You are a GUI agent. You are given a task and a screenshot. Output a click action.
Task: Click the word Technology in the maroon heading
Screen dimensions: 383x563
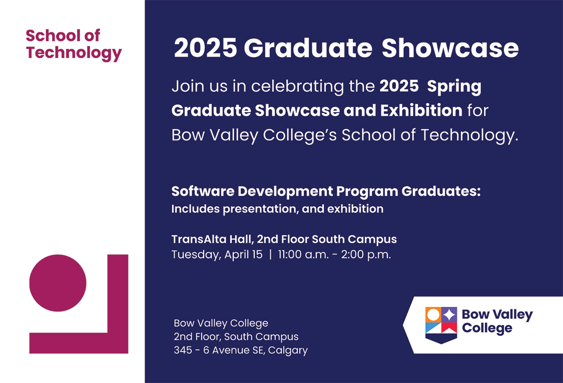[x=74, y=53]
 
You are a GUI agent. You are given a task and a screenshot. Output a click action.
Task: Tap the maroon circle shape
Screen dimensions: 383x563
[x=58, y=283]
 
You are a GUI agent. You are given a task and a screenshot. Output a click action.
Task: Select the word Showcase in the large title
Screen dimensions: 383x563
[x=450, y=49]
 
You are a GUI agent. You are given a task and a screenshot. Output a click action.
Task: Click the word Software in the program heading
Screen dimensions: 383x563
[x=202, y=191]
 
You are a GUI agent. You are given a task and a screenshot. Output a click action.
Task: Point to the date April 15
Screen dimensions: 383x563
[x=243, y=254]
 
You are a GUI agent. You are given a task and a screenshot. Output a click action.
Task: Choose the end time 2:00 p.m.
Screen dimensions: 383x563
[x=366, y=254]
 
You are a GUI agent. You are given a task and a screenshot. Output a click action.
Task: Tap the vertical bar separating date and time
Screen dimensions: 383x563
[x=270, y=254]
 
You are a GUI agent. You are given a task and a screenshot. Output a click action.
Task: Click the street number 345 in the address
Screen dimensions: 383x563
[x=183, y=350]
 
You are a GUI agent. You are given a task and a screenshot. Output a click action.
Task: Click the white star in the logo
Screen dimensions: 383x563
[x=449, y=314]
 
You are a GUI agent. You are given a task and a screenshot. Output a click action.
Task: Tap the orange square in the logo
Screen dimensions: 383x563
[x=433, y=314]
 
